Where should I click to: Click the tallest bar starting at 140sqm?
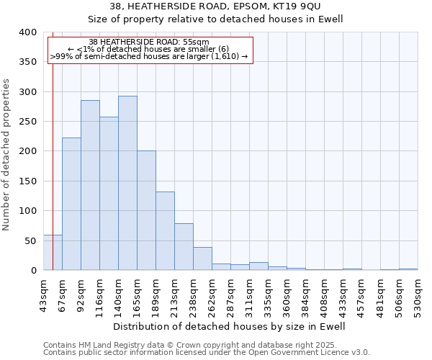coord(127,183)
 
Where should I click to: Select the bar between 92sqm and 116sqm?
coord(90,185)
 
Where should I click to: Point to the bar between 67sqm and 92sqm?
coord(71,204)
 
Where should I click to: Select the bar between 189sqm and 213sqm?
coord(165,230)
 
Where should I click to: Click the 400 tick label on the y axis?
coord(27,32)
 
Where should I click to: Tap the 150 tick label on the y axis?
coord(27,181)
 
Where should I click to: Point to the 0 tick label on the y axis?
coord(33,270)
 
